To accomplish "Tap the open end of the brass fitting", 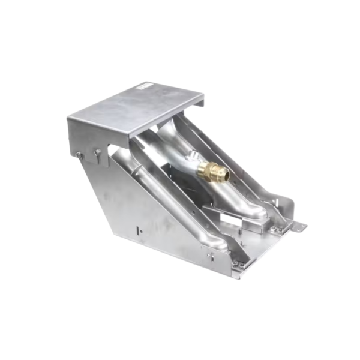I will click(x=223, y=175).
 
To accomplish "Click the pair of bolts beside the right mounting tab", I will click(x=277, y=229).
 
